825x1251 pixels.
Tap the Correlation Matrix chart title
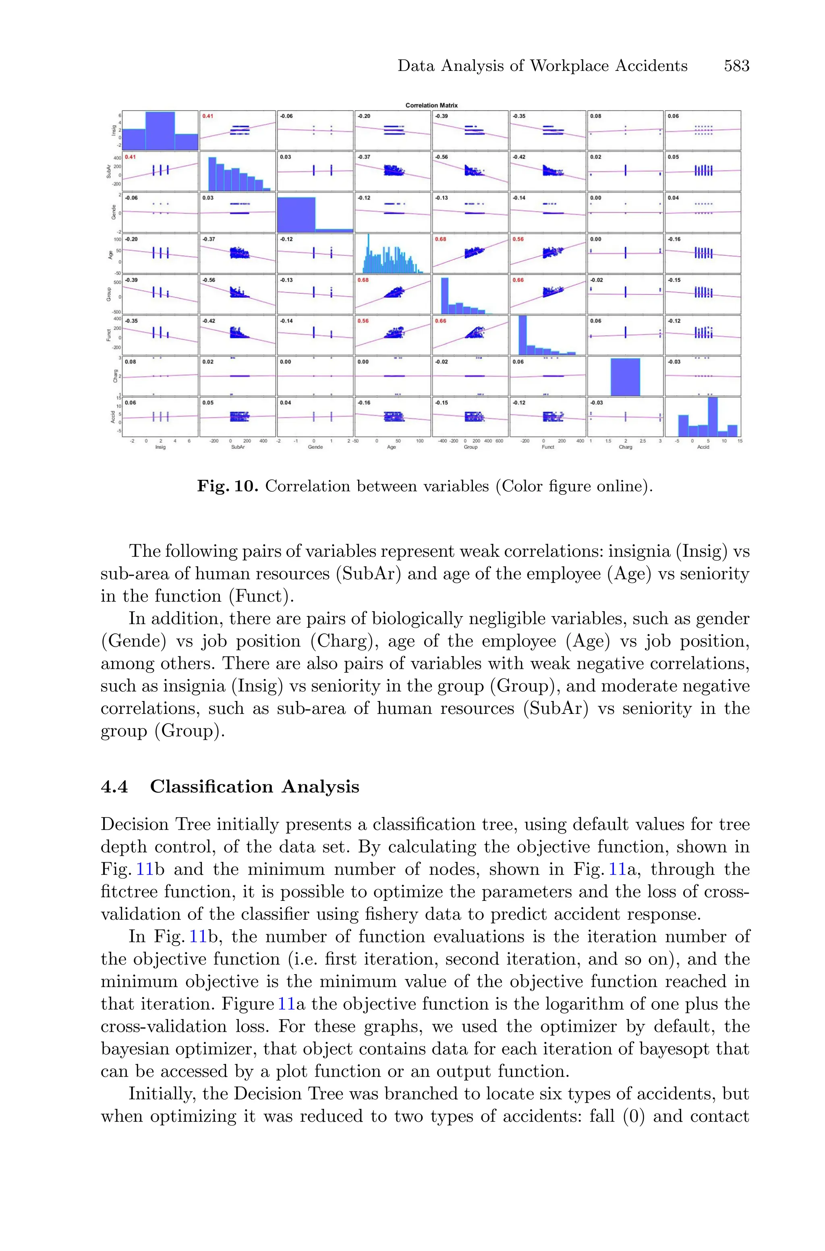point(431,105)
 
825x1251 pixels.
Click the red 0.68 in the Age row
point(441,239)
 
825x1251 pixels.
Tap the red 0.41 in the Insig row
point(208,116)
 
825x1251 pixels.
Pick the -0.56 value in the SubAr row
point(441,157)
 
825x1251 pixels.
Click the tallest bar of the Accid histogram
point(713,417)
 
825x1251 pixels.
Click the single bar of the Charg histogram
point(625,377)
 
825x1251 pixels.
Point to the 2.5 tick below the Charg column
point(643,441)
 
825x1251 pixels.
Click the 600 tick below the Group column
point(499,441)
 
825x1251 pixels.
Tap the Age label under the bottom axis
point(392,447)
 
